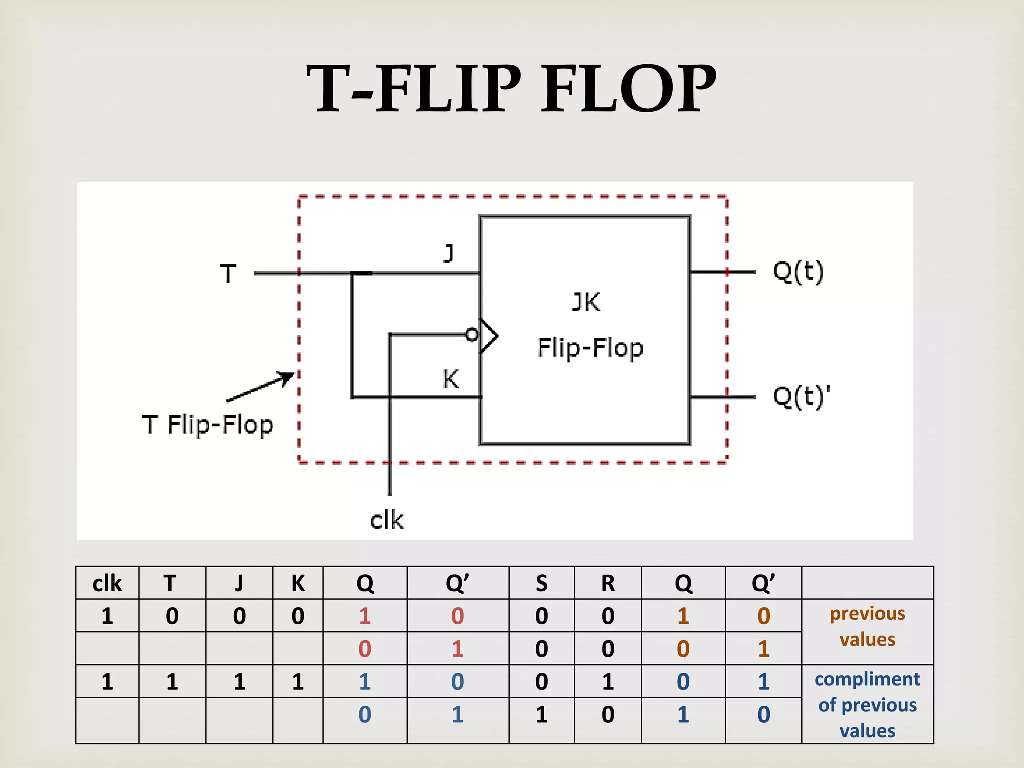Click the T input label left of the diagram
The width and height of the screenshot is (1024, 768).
pos(228,274)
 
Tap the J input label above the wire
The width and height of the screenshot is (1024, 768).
pos(449,253)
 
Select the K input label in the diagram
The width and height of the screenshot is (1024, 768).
pos(450,379)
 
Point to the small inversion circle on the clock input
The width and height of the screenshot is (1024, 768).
pos(471,334)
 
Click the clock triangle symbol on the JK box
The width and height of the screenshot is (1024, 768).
pos(489,336)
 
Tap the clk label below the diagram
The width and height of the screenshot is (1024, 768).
pos(386,520)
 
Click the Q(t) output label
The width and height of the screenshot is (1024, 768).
pos(798,272)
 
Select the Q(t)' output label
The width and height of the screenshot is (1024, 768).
pos(801,397)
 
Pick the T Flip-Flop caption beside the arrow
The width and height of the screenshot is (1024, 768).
pos(208,425)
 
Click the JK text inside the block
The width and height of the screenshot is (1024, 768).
pos(586,302)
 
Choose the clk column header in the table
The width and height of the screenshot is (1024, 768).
pos(107,583)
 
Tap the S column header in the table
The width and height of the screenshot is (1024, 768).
pos(541,583)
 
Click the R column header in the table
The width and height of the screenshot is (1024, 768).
pos(608,583)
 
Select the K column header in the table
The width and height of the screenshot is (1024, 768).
pos(298,583)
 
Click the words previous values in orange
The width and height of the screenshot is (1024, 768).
pos(867,626)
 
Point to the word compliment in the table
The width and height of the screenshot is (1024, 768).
pos(867,679)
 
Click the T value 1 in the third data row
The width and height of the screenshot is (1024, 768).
pos(172,682)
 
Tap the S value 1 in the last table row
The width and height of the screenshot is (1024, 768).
pos(541,715)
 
